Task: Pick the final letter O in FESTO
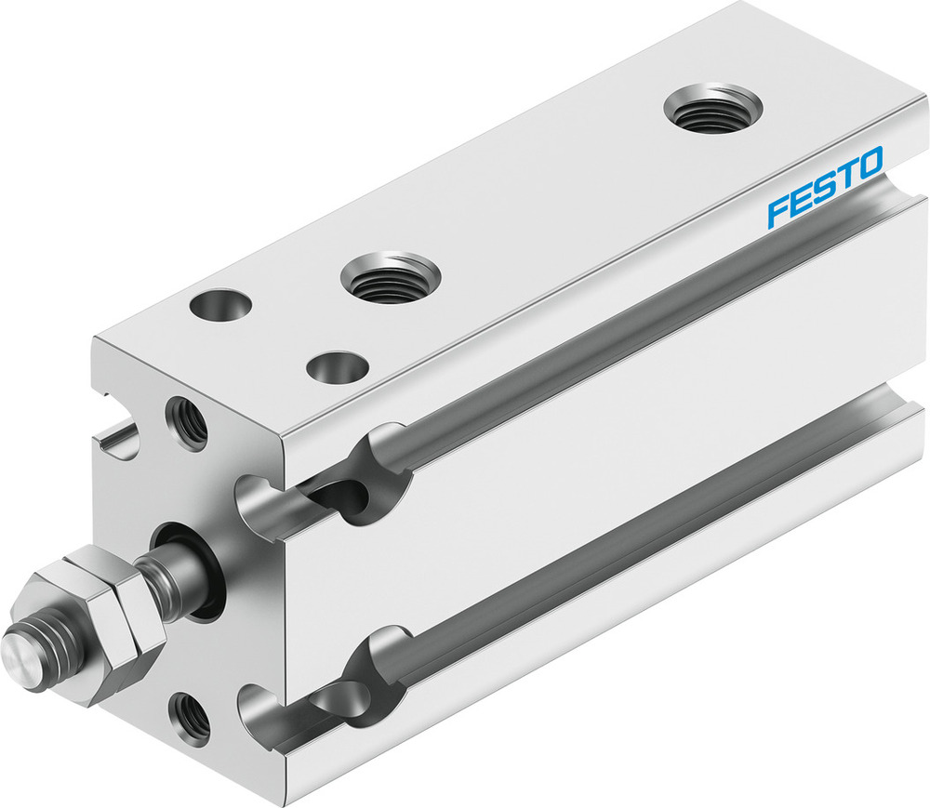click(x=870, y=164)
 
